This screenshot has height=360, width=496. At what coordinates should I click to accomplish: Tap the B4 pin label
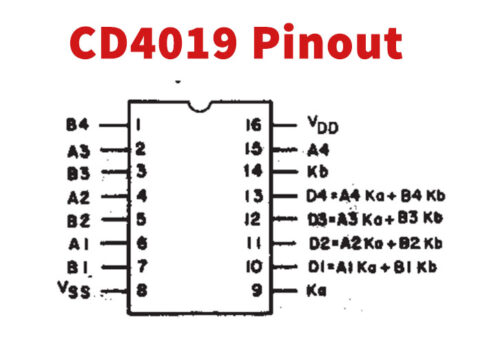click(x=77, y=126)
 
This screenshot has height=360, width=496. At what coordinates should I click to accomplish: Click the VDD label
click(x=321, y=127)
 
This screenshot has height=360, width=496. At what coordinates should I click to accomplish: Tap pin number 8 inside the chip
click(x=141, y=290)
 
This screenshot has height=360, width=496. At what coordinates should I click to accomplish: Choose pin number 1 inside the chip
click(x=141, y=126)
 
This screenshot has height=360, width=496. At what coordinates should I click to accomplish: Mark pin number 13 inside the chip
click(x=255, y=195)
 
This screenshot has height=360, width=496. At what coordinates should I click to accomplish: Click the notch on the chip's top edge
click(x=198, y=104)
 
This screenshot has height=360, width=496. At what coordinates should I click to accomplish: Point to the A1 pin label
click(x=77, y=243)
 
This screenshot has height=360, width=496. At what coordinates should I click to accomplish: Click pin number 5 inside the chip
click(x=141, y=219)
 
